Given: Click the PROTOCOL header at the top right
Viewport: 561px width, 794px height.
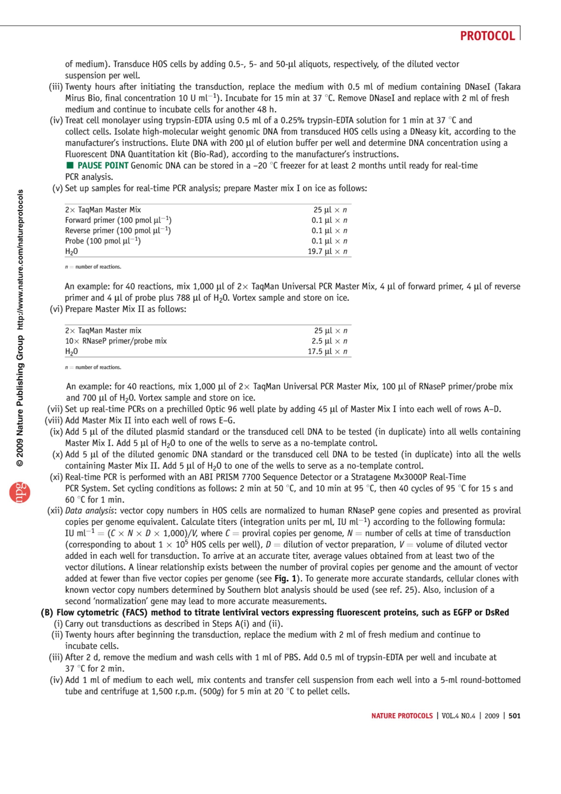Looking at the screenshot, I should (487, 36).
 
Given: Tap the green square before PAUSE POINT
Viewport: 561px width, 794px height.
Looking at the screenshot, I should (70, 166).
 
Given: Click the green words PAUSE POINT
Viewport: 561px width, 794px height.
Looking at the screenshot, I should (103, 166).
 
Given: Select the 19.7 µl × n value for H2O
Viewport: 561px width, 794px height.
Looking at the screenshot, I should (327, 252).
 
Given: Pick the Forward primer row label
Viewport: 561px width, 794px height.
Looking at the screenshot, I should (118, 220).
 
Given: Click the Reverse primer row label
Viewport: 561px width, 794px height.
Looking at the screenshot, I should (118, 231).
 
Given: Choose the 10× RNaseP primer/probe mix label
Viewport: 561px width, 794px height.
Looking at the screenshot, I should (116, 341).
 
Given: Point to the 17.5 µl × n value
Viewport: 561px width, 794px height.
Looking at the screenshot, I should (327, 352).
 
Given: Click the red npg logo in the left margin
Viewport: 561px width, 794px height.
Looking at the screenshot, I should (20, 492).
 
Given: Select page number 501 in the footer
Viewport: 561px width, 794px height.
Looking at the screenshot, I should (514, 716).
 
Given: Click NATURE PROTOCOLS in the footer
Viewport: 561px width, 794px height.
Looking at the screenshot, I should (402, 716).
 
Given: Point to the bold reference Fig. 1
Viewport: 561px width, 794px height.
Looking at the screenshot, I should (285, 578).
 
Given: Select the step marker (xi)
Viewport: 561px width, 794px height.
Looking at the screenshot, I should (56, 477).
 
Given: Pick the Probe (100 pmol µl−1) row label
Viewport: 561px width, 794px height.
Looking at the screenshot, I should (103, 241).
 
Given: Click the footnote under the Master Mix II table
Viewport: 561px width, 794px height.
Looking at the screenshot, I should (93, 368).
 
